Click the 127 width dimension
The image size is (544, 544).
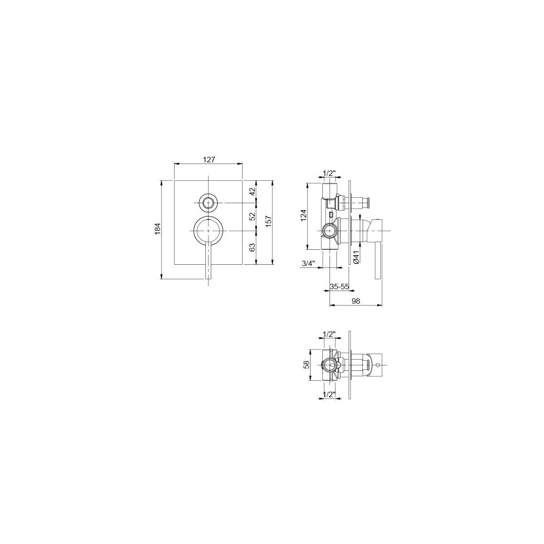tap(209, 160)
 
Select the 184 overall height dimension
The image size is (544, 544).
tap(157, 228)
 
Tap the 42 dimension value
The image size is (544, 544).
tap(253, 191)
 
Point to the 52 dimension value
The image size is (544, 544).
tap(253, 216)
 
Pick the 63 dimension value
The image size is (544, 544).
tap(253, 247)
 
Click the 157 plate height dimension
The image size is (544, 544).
tap(268, 222)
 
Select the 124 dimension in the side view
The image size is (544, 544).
tap(303, 215)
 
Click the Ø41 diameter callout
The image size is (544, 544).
tap(356, 257)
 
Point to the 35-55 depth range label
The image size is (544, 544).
tap(340, 287)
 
